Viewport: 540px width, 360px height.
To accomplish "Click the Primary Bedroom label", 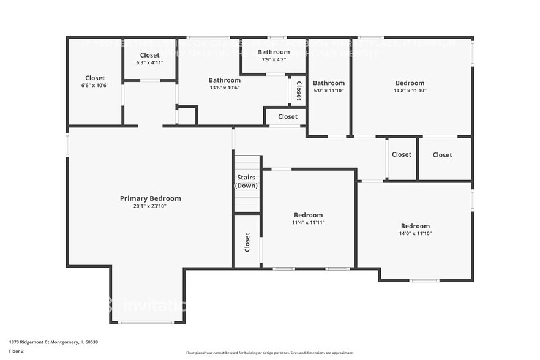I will [150, 198].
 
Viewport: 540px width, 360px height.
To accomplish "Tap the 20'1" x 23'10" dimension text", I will [150, 206].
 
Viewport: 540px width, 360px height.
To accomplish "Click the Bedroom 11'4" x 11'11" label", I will [308, 215].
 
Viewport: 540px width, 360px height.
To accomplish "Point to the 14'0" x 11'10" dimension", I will [415, 233].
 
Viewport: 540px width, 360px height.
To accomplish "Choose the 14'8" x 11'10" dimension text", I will [410, 91].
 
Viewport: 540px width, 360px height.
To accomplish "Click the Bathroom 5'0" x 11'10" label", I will [329, 83].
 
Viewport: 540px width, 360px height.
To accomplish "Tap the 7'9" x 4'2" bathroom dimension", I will [273, 59].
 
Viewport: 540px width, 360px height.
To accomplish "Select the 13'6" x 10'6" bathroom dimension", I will [225, 88].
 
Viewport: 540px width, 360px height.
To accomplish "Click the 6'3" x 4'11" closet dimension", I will [149, 62].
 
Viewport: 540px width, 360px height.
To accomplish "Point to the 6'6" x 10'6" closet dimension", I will [95, 86].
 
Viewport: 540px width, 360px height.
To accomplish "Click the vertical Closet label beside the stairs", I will [247, 242].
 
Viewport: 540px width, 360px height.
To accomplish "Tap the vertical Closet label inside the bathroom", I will [298, 91].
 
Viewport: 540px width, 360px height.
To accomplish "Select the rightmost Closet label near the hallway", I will [442, 155].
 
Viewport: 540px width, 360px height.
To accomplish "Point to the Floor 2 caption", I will [17, 351].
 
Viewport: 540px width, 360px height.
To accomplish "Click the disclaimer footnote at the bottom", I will [269, 353].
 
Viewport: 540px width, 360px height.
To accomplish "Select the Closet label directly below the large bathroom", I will [288, 116].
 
